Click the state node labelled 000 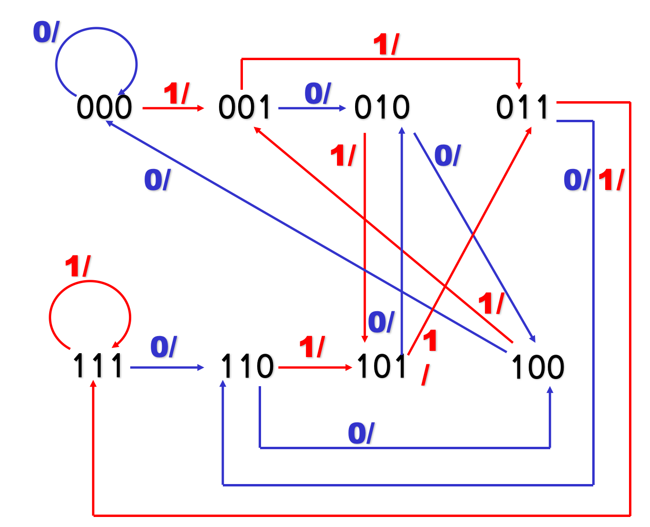pos(104,107)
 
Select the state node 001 pos(245,107)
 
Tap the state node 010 pos(382,107)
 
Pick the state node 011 pos(523,107)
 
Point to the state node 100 pos(538,367)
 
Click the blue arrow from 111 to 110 pos(167,368)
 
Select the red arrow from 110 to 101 pos(315,368)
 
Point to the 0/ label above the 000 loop pos(46,32)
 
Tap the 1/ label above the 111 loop pos(77,266)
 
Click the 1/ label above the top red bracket pos(386,45)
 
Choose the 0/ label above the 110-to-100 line pos(361,433)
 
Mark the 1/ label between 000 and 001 pos(177,93)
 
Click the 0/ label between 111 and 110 pos(164,347)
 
